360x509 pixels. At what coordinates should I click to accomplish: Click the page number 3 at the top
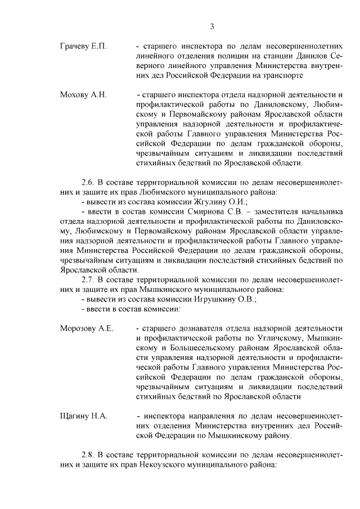(x=212, y=25)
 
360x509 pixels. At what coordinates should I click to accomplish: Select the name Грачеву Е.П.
(x=83, y=44)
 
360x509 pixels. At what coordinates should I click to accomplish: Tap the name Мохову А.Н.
(x=83, y=93)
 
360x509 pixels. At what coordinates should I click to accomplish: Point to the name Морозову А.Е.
(x=87, y=328)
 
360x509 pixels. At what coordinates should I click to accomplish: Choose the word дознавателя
(x=194, y=328)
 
